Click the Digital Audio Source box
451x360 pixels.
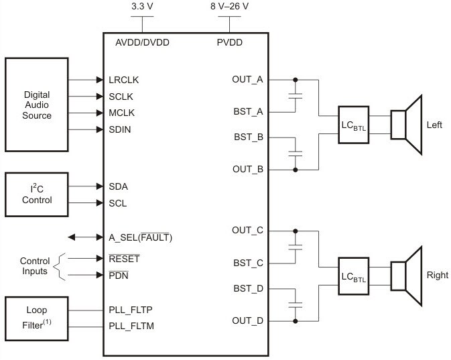37,104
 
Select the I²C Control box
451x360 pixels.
37,194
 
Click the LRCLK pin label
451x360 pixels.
123,80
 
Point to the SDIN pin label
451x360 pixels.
120,129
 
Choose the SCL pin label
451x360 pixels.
117,202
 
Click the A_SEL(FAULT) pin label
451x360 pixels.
145,237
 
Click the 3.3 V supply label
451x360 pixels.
143,7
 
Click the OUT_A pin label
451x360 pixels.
247,80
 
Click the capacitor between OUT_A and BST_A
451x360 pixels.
295,96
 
